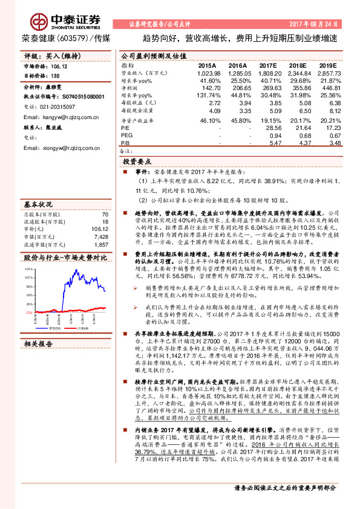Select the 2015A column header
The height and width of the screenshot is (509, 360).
click(x=207, y=65)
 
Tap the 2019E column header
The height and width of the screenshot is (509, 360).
click(x=327, y=65)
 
